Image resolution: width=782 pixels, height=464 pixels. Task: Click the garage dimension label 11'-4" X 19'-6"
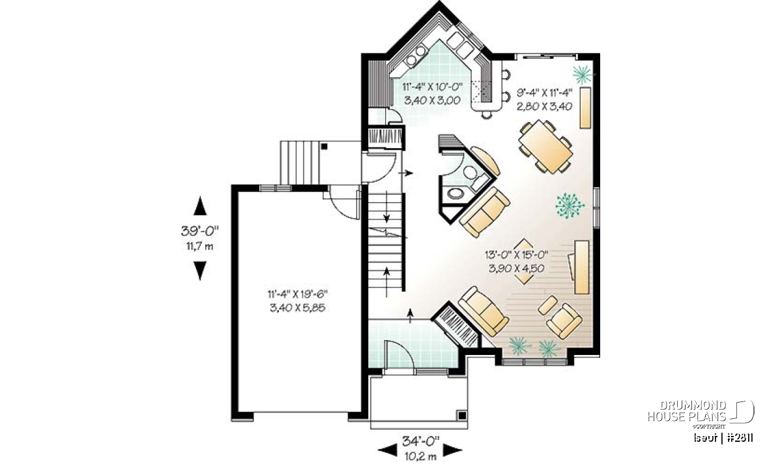coord(298,294)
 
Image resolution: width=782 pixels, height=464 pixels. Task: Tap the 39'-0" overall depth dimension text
coord(199,231)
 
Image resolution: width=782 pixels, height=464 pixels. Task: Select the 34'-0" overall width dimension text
coord(421,441)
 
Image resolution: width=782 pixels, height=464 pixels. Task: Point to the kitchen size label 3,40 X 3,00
coord(432,101)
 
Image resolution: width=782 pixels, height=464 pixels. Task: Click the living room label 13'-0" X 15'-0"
coord(516,255)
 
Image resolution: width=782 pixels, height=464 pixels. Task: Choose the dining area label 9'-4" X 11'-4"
coord(545,93)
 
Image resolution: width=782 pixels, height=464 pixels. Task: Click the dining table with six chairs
coord(545,146)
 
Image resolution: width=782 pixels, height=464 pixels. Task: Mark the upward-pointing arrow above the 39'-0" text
coord(200,206)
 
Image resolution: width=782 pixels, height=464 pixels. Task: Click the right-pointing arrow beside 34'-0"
coord(453,450)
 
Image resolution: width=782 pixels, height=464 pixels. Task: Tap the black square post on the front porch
coord(462,416)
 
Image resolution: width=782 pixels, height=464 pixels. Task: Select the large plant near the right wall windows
coord(570,206)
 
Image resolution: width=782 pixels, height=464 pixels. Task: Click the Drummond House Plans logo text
coord(687,411)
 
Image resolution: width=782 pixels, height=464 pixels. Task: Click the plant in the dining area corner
coord(582,74)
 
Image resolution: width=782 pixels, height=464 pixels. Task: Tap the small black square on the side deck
coord(325,146)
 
